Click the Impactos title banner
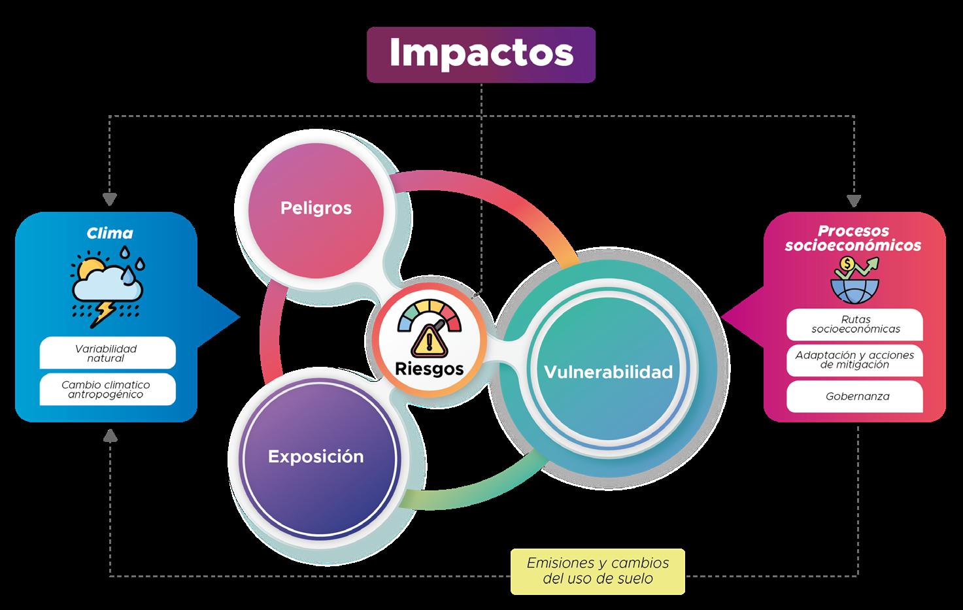coord(481,54)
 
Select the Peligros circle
coord(316,208)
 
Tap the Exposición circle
coord(316,456)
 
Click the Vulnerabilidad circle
coord(608,372)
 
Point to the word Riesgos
coord(429,369)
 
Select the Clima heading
coord(110,233)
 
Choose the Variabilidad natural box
coord(107,353)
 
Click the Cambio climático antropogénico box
coord(107,389)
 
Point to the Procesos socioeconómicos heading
coord(853,238)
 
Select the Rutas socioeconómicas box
coord(854,324)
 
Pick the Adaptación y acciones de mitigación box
coord(854,360)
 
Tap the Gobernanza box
coord(854,396)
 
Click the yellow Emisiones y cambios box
coord(598,571)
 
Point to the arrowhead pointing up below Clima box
coord(110,435)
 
